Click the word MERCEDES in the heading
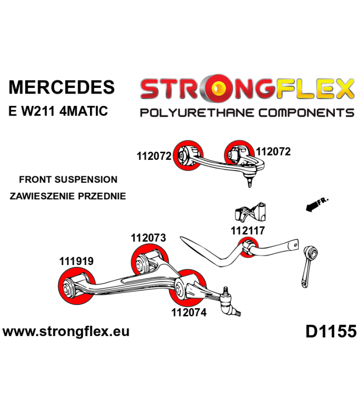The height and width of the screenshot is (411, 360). [x=62, y=87]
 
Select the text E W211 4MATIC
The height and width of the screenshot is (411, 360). [x=58, y=111]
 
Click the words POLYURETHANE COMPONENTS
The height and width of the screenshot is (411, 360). [x=247, y=113]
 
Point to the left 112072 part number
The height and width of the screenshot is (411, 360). [x=154, y=156]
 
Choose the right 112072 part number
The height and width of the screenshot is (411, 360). [x=273, y=152]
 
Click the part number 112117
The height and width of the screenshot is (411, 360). [x=248, y=231]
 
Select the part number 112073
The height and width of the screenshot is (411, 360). [x=148, y=238]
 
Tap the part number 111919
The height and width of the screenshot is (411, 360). [x=76, y=261]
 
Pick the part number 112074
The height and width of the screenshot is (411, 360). [x=189, y=312]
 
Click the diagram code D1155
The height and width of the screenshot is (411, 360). [x=331, y=331]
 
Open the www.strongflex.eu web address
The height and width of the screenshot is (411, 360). [x=66, y=331]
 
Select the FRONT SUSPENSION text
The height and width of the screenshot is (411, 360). [x=68, y=179]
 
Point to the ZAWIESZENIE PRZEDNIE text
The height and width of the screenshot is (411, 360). [x=68, y=196]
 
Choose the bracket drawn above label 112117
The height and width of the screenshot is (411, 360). [x=250, y=212]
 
